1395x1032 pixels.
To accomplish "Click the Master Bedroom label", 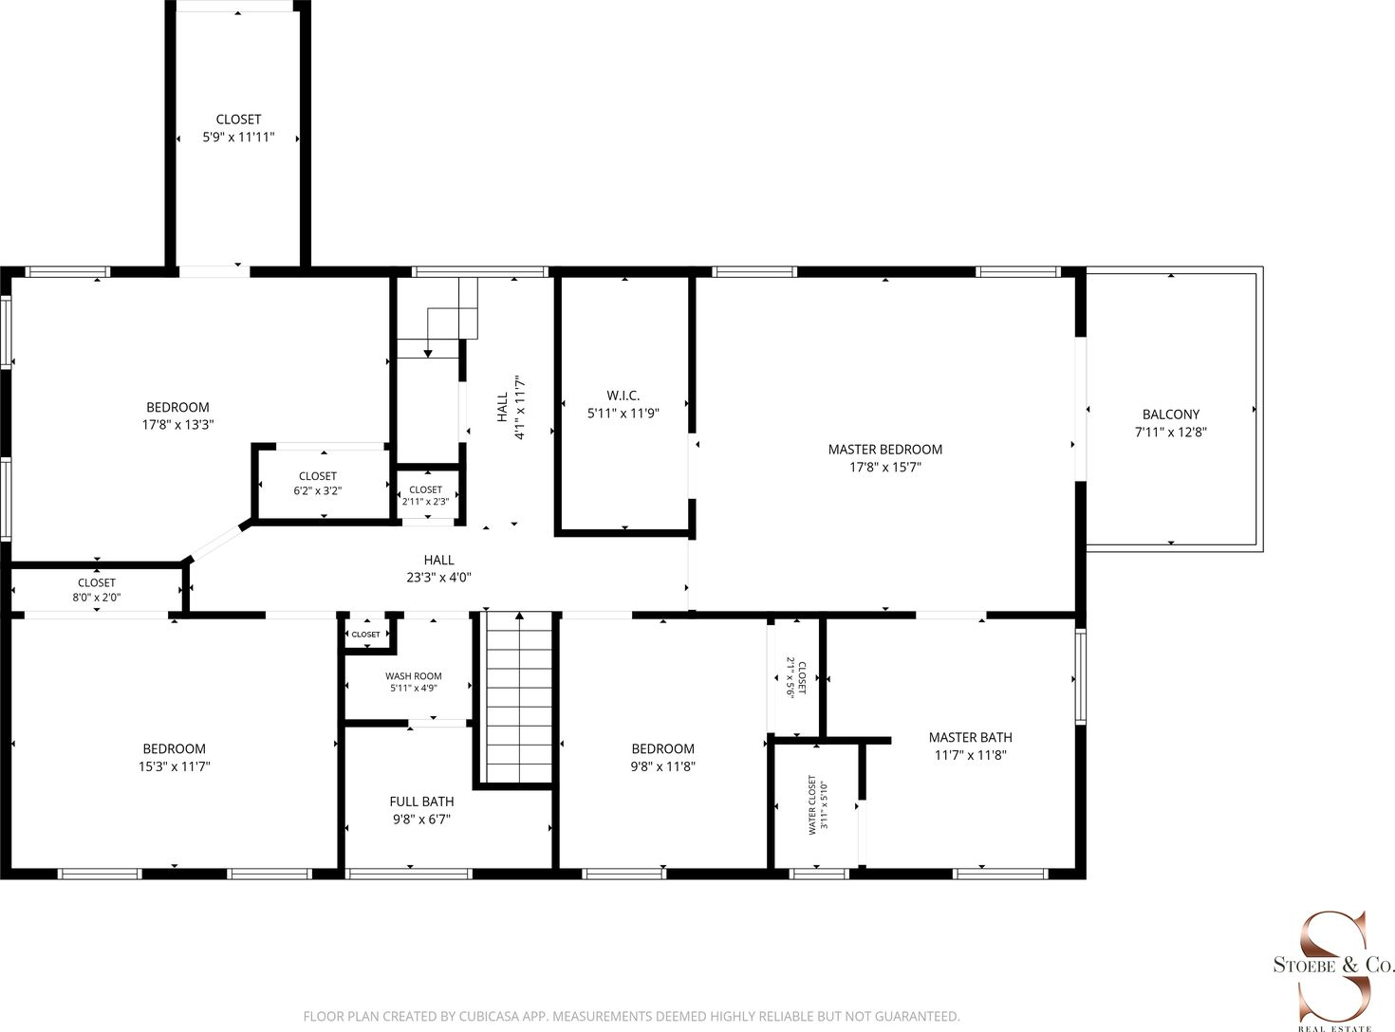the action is tap(885, 450).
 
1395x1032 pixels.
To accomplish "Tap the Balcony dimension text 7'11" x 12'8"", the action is tap(1170, 432).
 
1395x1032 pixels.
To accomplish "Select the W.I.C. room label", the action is tap(623, 396).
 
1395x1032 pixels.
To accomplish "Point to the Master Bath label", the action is tap(971, 737).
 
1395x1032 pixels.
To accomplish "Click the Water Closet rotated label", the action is tap(812, 805).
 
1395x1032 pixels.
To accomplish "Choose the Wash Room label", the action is tap(413, 676).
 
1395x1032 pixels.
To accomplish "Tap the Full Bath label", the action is tap(421, 802).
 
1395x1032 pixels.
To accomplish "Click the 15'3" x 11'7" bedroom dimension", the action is tap(175, 766).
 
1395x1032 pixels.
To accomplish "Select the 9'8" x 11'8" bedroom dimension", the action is tap(663, 766).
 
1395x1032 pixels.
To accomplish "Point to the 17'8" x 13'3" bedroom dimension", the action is tap(178, 425).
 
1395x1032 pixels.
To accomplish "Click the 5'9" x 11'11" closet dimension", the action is tap(238, 138).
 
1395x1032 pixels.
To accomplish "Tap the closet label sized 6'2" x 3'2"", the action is tap(318, 476).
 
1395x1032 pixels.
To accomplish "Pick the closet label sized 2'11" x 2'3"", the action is tap(426, 489).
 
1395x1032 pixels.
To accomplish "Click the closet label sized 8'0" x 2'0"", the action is tap(96, 583).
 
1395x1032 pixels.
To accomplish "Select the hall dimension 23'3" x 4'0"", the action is tap(438, 578).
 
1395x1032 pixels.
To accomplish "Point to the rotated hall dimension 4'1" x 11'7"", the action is tap(519, 408).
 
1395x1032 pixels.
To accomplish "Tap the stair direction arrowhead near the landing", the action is tap(428, 354).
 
